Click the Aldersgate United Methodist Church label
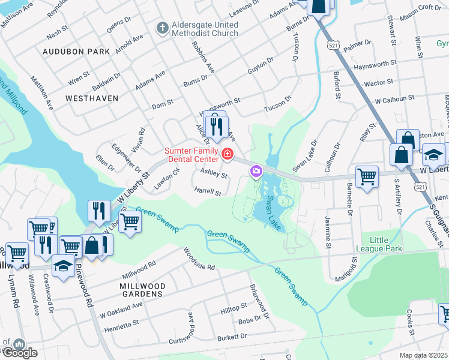click(x=204, y=29)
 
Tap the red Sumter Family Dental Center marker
click(x=227, y=154)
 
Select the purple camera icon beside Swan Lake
click(x=256, y=173)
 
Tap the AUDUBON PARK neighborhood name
click(x=76, y=52)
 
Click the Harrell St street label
click(x=208, y=193)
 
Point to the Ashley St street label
click(x=214, y=174)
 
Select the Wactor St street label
click(x=379, y=82)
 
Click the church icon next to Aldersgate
click(x=161, y=28)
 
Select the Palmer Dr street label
click(x=358, y=44)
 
